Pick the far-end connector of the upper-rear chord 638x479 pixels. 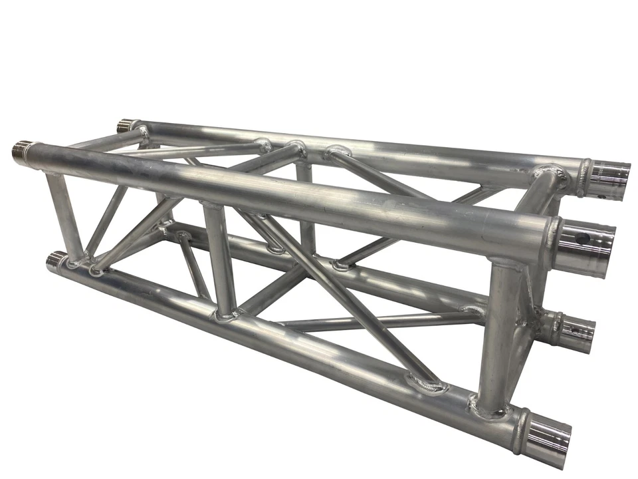[126, 124]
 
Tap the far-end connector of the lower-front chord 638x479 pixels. [56, 259]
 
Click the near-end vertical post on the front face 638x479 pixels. [498, 333]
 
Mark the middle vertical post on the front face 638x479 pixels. [219, 259]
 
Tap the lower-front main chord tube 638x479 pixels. [299, 346]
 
